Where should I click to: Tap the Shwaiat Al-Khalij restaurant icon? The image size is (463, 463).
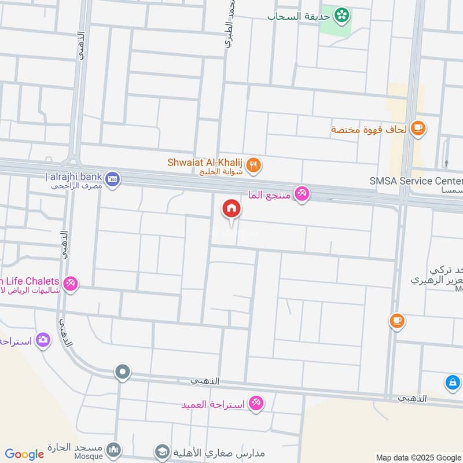pyautogui.click(x=253, y=167)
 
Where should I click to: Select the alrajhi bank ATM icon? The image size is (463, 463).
pyautogui.click(x=113, y=177)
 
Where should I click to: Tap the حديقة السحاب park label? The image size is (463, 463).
pyautogui.click(x=300, y=16)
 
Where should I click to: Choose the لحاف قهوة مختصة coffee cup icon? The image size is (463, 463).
pyautogui.click(x=418, y=128)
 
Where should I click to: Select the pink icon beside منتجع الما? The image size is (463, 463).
pyautogui.click(x=302, y=194)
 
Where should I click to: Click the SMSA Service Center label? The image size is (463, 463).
pyautogui.click(x=416, y=181)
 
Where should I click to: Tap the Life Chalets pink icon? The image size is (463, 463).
pyautogui.click(x=71, y=284)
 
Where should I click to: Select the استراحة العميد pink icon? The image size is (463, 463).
pyautogui.click(x=256, y=403)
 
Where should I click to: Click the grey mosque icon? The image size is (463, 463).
pyautogui.click(x=114, y=450)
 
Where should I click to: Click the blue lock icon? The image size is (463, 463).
pyautogui.click(x=453, y=383)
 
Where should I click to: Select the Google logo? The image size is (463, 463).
pyautogui.click(x=24, y=454)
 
